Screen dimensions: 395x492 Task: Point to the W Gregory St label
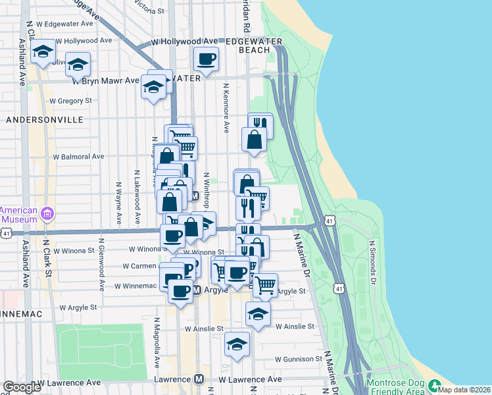71,101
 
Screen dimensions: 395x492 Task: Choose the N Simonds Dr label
372,262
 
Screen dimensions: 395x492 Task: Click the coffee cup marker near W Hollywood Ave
206,59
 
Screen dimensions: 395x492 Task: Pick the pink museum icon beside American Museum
47,213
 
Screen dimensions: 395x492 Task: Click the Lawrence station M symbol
199,380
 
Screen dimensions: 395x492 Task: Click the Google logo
22,387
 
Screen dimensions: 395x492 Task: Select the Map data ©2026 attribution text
464,390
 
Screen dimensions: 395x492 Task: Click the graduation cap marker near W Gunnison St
237,344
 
